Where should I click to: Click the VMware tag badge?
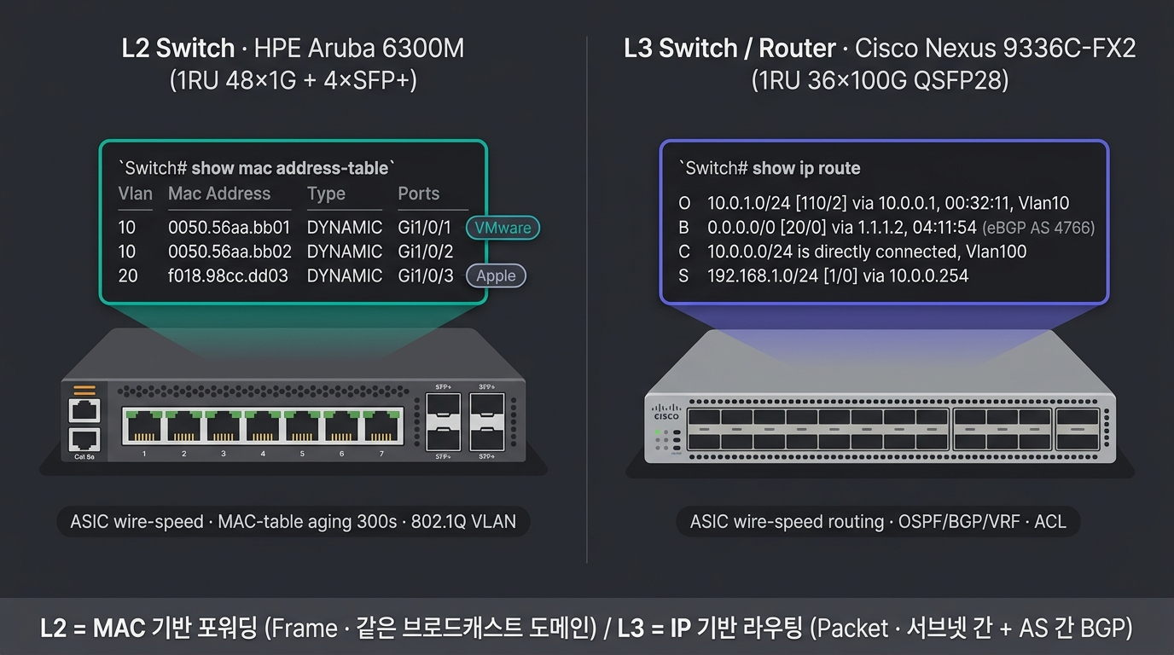click(503, 228)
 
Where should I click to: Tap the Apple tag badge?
click(496, 275)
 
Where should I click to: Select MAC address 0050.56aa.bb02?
click(230, 252)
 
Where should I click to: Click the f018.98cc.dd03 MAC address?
click(228, 275)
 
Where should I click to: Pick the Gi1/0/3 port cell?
click(426, 275)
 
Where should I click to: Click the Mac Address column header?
click(219, 194)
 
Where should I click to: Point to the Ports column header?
click(418, 194)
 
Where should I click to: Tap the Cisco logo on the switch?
click(666, 412)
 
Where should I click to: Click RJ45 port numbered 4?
click(263, 426)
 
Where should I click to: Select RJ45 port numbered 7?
click(381, 426)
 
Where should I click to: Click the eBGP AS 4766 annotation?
click(1038, 228)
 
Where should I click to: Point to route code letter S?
click(683, 275)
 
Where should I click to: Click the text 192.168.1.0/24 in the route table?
click(763, 275)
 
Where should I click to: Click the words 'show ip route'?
click(806, 168)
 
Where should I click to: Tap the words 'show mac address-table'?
click(290, 168)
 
